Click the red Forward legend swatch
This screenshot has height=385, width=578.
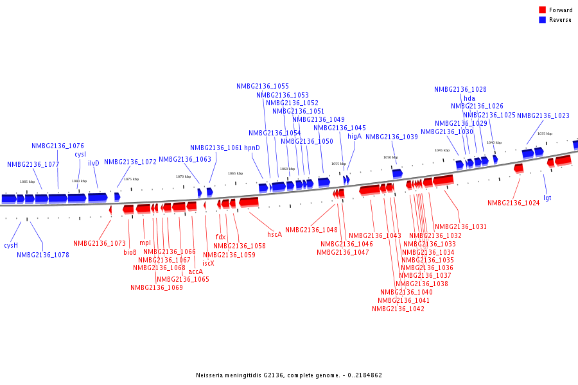click(x=542, y=10)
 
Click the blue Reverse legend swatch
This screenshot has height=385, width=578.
click(x=542, y=20)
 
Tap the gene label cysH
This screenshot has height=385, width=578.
click(x=11, y=245)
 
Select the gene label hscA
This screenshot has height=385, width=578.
click(x=274, y=234)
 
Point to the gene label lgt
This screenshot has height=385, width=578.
click(x=547, y=198)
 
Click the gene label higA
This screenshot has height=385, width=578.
click(x=355, y=136)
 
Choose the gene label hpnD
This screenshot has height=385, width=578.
click(x=252, y=148)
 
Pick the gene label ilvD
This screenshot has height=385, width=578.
click(x=94, y=163)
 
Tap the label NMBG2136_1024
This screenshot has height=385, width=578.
click(x=513, y=203)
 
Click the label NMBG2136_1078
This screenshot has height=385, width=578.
click(x=42, y=255)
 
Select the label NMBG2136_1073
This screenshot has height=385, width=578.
click(x=99, y=243)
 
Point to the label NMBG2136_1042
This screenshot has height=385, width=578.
click(x=398, y=309)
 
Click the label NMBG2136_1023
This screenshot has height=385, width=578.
click(x=543, y=116)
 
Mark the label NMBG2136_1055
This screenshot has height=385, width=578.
click(x=262, y=86)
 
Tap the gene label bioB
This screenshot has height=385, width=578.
click(x=130, y=252)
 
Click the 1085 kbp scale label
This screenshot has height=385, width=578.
click(x=27, y=182)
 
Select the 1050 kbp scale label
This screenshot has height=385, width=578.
click(x=390, y=157)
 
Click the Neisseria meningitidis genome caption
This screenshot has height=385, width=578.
click(x=289, y=375)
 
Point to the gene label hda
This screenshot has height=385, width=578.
click(x=469, y=98)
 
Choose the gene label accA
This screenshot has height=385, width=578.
click(x=195, y=271)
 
